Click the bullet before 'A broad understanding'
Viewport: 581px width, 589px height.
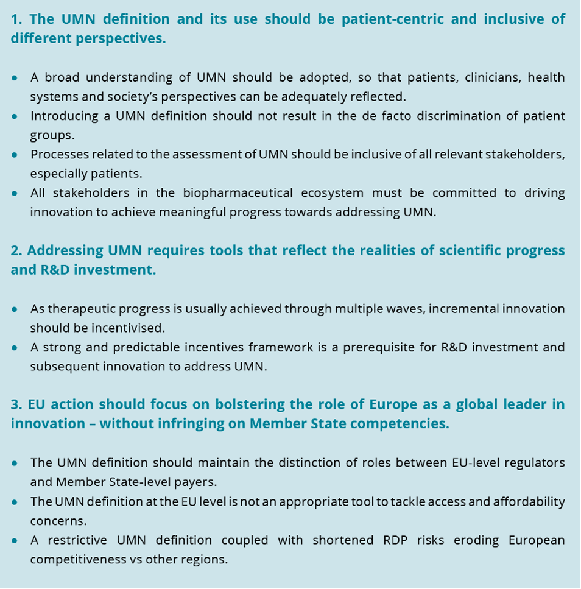(x=15, y=78)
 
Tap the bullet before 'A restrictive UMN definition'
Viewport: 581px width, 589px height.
(x=15, y=540)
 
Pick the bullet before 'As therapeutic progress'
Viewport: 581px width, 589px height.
(x=15, y=309)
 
